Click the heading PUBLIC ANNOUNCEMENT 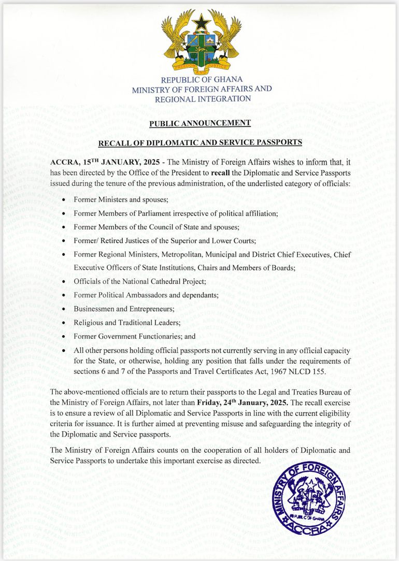coord(200,123)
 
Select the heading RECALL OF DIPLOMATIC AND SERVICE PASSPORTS coord(200,142)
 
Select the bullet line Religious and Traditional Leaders coord(127,322)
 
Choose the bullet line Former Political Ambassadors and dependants coord(146,295)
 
